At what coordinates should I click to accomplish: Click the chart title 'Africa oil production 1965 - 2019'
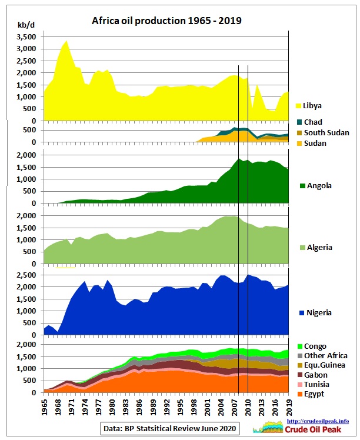(x=166, y=21)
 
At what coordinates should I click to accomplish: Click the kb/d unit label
(x=26, y=25)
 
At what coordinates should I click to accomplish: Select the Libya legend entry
(x=309, y=106)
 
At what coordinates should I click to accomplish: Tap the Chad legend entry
(x=309, y=122)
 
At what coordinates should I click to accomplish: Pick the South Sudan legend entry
(x=323, y=132)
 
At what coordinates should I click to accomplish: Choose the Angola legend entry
(x=316, y=185)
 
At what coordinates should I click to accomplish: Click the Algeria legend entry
(x=316, y=248)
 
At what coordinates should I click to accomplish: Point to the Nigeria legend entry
(x=316, y=312)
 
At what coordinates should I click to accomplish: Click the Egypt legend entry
(x=311, y=394)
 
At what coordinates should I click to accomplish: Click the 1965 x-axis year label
(x=44, y=407)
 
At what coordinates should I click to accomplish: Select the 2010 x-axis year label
(x=248, y=407)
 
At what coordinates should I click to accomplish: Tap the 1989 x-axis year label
(x=153, y=407)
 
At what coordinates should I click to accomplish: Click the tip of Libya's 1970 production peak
(x=66, y=41)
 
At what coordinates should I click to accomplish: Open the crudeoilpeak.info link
(x=318, y=421)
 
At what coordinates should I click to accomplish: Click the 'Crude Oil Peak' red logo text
(x=313, y=429)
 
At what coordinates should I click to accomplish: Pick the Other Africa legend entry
(x=322, y=355)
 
